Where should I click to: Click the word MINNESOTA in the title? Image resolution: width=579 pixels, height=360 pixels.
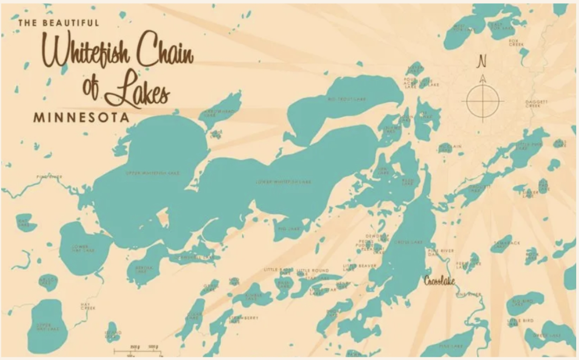[x=81, y=118]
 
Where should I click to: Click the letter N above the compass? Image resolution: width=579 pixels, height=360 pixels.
[x=483, y=62]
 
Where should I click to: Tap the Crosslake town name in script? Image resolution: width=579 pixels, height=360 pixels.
[x=439, y=281]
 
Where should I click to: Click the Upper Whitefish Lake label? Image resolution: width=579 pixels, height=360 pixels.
[x=152, y=173]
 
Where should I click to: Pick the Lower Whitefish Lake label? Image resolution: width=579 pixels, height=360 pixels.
[x=284, y=182]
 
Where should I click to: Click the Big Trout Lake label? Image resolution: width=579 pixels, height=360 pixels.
[x=347, y=99]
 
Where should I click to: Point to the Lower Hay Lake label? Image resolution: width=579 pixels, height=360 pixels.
[x=83, y=248]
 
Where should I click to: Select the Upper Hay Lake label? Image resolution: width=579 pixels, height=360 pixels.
[x=48, y=326]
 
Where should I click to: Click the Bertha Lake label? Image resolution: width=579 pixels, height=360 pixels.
[x=140, y=270]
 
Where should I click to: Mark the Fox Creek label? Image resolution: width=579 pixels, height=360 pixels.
[x=514, y=42]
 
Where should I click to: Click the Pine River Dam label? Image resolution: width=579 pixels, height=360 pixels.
[x=441, y=252]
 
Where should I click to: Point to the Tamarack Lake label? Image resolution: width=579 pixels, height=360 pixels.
[x=507, y=244]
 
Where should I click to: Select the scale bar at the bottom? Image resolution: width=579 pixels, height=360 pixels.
[x=138, y=351]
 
